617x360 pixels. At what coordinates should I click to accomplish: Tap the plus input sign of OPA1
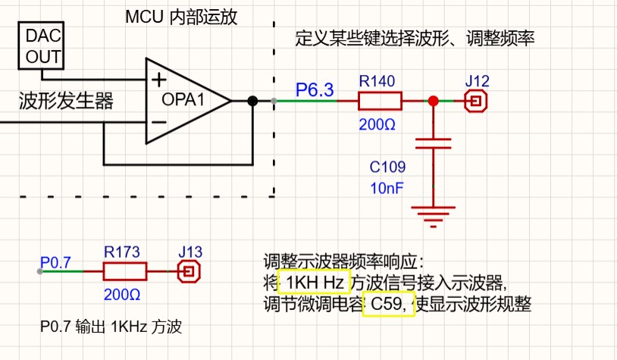click(158, 80)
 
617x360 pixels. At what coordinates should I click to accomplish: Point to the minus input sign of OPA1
click(158, 121)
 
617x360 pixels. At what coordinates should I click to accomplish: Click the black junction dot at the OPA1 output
click(252, 100)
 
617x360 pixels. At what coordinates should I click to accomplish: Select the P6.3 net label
click(315, 90)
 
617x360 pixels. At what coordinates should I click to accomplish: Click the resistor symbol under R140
click(381, 100)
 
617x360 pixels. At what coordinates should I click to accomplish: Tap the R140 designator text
click(377, 80)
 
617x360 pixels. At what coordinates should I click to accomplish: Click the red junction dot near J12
click(433, 100)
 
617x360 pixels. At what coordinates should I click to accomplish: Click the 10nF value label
click(387, 185)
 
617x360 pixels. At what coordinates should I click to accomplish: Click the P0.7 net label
click(55, 262)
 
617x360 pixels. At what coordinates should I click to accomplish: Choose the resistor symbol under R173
click(124, 271)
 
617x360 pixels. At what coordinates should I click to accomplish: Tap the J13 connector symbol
click(188, 271)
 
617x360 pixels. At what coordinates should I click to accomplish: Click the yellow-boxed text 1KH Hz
click(315, 283)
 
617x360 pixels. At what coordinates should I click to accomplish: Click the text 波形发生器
click(66, 101)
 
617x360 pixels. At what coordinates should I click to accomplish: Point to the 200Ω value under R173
click(123, 293)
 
